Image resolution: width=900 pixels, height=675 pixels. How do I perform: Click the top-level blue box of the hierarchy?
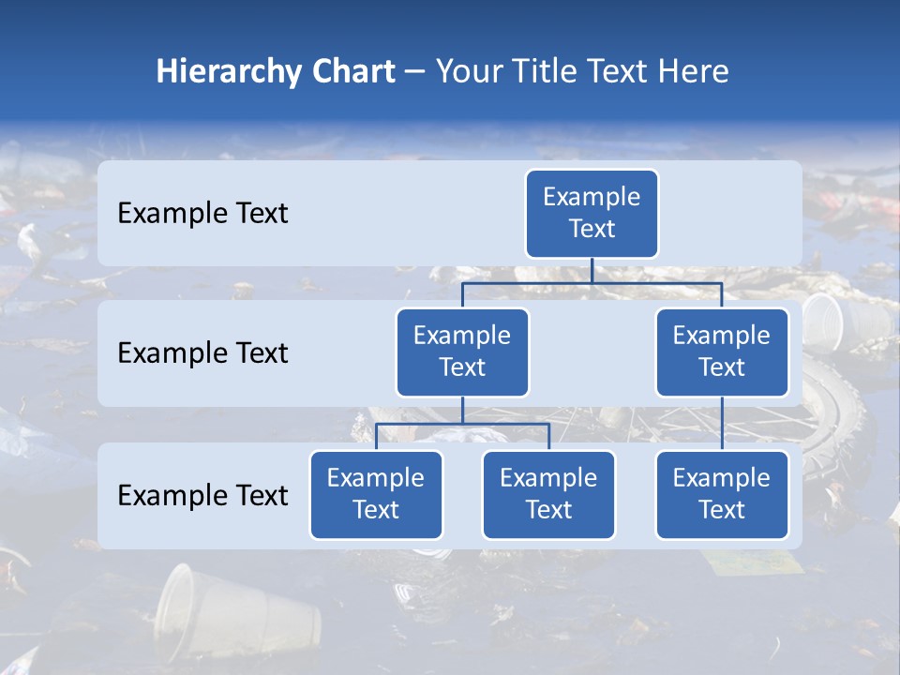[592, 213]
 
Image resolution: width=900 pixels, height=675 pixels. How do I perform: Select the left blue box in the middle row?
[462, 352]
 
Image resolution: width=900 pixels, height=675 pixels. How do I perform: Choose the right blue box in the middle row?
[722, 352]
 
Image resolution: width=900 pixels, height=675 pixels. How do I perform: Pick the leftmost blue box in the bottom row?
[376, 494]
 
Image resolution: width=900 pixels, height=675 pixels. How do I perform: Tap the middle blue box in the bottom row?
[548, 494]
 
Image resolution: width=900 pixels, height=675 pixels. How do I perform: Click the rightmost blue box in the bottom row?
[722, 494]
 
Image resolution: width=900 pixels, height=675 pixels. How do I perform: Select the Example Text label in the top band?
[202, 214]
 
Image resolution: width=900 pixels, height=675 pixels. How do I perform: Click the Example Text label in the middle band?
[202, 353]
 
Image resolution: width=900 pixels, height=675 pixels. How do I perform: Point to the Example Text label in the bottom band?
[202, 495]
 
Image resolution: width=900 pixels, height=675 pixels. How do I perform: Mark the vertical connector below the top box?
[592, 270]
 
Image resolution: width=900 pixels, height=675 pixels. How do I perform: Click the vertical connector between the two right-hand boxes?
[722, 424]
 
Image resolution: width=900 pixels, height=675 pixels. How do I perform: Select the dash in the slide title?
[415, 72]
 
